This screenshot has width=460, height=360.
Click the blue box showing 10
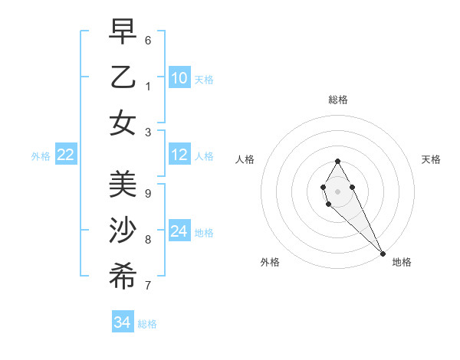179,78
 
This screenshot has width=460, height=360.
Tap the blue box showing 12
179,155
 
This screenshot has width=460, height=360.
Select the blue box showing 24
179,231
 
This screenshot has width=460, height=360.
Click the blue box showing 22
66,155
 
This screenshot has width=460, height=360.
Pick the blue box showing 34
122,322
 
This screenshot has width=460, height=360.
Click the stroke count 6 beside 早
148,40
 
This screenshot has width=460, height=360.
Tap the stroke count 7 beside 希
148,285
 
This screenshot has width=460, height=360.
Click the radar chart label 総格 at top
338,100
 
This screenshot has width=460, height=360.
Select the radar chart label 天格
431,159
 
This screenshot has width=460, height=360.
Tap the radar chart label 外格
270,262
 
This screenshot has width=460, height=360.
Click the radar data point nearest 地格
383,254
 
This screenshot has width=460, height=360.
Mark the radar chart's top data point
337,161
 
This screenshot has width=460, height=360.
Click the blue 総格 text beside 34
147,324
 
